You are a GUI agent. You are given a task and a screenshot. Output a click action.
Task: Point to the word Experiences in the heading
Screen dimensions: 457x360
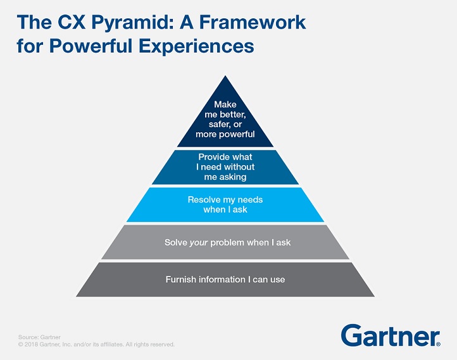coord(196,47)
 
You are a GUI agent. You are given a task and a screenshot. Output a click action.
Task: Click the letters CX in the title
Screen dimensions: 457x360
coord(72,22)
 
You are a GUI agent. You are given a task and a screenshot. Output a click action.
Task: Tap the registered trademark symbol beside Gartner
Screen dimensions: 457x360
coord(439,344)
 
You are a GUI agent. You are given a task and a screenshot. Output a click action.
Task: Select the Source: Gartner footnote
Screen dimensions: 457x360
coord(39,337)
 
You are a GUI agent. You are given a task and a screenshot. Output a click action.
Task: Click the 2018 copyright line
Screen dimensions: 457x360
coord(96,344)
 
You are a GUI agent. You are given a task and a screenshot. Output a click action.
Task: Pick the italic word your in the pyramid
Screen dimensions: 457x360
coord(199,243)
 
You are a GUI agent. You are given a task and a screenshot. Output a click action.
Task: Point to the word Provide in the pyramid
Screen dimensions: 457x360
coord(213,157)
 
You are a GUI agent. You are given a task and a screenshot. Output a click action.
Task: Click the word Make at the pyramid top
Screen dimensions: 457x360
coord(225,104)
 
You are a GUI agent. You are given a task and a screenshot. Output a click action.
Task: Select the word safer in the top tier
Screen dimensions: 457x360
coord(219,125)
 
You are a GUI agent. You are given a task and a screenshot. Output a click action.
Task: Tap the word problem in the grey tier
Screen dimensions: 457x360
coord(227,243)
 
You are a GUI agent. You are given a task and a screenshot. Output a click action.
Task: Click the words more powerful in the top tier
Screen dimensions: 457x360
coord(225,135)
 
